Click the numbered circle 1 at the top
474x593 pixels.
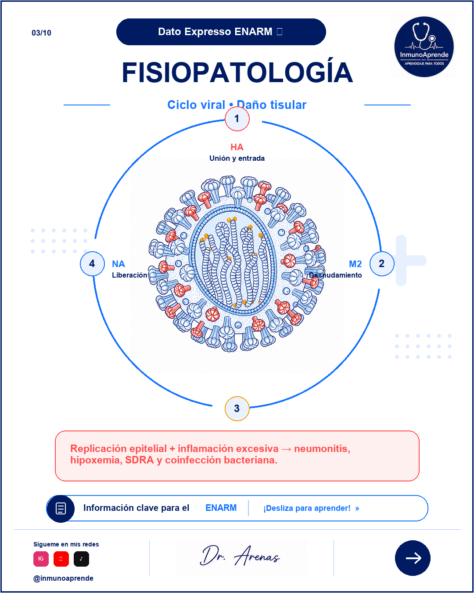(x=237, y=119)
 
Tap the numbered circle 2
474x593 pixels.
(x=381, y=264)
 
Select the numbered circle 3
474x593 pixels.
(x=237, y=409)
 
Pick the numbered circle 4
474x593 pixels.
(x=92, y=264)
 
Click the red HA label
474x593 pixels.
(x=237, y=147)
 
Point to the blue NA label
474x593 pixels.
(x=118, y=264)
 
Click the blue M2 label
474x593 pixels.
(x=355, y=264)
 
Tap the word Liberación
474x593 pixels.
(x=129, y=275)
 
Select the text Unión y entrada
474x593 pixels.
(x=237, y=158)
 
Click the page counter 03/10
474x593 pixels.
(x=41, y=33)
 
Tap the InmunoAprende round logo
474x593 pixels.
(x=424, y=46)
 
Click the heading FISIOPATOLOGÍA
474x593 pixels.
(x=237, y=72)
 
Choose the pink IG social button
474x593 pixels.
(x=41, y=559)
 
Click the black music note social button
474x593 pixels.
(x=81, y=559)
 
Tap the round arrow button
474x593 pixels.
(x=413, y=558)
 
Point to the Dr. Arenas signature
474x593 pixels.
(x=240, y=556)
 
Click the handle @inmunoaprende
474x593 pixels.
(x=63, y=578)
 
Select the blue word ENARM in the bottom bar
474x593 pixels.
(x=221, y=508)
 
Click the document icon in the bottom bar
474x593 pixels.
(x=61, y=508)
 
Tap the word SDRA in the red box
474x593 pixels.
(x=140, y=460)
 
